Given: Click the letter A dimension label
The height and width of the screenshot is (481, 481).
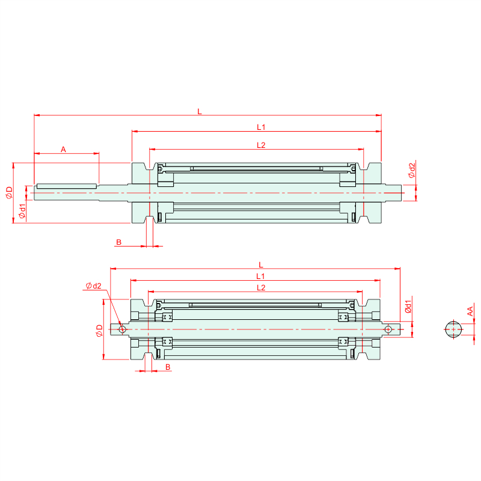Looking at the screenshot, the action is click(63, 149).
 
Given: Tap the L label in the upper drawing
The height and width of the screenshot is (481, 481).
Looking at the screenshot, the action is click(200, 112).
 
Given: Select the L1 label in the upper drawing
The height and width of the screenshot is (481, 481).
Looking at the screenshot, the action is click(261, 127).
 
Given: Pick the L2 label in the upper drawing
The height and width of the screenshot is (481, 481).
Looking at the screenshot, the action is click(261, 145).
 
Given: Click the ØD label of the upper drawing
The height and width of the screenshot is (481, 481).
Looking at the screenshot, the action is click(9, 192).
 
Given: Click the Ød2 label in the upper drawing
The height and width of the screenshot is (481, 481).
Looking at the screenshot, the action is click(412, 170).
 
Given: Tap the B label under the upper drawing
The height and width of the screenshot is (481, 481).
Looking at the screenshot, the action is click(118, 242).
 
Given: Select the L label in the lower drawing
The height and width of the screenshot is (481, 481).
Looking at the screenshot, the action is click(261, 265).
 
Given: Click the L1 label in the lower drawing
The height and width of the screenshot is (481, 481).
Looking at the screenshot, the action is click(260, 277).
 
